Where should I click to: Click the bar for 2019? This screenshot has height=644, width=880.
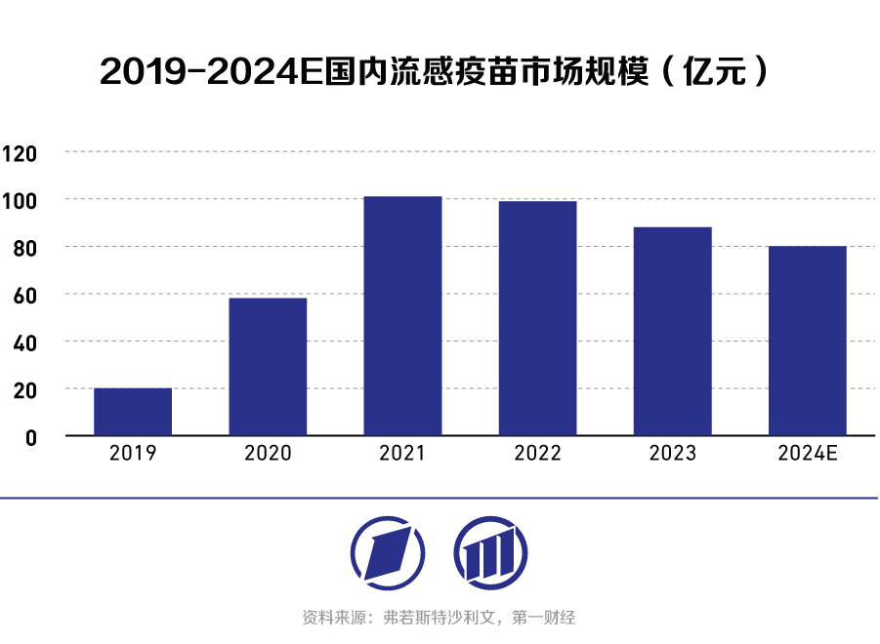click(x=133, y=411)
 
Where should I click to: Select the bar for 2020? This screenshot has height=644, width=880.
click(x=268, y=366)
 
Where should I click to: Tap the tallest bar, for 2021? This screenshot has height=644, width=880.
click(x=402, y=315)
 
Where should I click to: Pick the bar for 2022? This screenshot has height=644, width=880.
click(x=537, y=318)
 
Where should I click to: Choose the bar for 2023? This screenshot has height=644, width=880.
click(x=672, y=331)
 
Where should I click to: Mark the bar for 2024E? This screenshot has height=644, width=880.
click(x=807, y=341)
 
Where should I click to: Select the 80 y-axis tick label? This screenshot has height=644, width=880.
click(x=24, y=248)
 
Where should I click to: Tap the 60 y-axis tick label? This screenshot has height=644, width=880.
click(x=24, y=296)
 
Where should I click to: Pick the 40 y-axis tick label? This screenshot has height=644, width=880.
click(x=24, y=342)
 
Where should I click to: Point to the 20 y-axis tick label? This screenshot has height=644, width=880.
click(x=24, y=390)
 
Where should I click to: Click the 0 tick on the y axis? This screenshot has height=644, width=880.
click(x=30, y=437)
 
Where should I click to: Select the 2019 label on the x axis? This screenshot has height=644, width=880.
click(x=133, y=454)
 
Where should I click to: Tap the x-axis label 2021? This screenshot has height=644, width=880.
click(x=402, y=454)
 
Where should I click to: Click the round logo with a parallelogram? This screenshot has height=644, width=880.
click(x=387, y=553)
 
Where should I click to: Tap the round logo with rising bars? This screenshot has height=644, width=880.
click(x=490, y=553)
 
